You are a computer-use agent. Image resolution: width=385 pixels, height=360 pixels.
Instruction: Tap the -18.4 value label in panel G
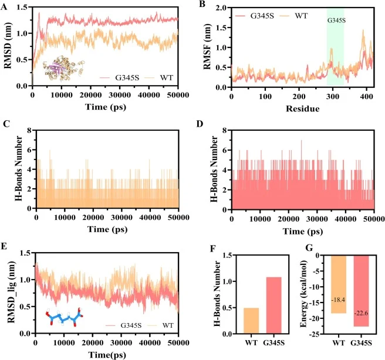(x=338, y=300)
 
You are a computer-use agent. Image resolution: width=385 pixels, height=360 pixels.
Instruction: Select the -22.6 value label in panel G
(x=361, y=313)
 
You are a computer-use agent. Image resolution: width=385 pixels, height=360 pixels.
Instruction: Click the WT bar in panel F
(x=251, y=321)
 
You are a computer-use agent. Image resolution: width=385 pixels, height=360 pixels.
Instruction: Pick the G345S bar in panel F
(x=273, y=305)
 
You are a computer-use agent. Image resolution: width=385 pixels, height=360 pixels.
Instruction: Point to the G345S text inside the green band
(x=336, y=21)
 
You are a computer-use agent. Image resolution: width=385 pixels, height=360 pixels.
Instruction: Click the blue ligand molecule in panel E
(x=65, y=317)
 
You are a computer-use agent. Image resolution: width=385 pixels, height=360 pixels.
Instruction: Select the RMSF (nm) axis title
(x=208, y=46)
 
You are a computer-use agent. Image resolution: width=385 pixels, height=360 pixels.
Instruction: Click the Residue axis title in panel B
(x=302, y=108)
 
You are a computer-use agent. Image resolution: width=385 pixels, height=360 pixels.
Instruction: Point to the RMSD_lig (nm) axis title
(x=12, y=292)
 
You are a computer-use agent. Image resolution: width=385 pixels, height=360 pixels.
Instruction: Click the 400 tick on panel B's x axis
(x=366, y=97)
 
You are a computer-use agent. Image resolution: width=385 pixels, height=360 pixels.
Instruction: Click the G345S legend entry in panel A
(x=120, y=78)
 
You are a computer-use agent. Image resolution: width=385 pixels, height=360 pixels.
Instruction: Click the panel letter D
(x=200, y=124)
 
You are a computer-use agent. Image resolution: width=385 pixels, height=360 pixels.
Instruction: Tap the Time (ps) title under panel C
(x=107, y=229)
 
